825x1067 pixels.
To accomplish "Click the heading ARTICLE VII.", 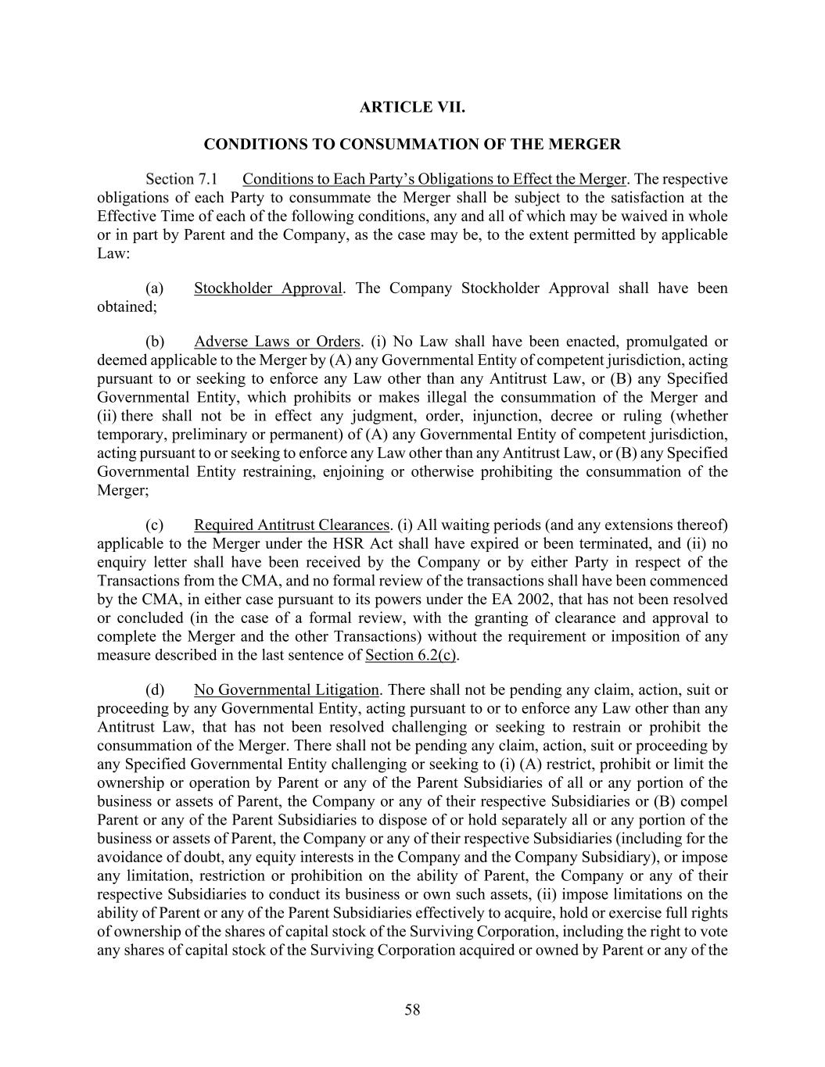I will pos(412,107).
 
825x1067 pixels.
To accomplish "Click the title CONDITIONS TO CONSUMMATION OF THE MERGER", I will pos(412,145).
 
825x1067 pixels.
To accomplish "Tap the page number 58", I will pos(412,1010).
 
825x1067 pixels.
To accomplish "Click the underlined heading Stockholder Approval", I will pos(267,288).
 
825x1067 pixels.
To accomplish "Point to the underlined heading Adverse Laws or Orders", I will pos(278,342).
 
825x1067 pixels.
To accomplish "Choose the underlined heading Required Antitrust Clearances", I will pos(291,525).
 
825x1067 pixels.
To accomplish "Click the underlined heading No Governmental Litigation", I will pos(286,690).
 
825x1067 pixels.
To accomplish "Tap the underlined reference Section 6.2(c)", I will pos(411,655).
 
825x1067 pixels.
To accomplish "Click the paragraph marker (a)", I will pos(154,288).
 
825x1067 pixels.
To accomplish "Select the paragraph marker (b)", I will pos(154,342).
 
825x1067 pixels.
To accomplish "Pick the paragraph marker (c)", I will pos(154,525).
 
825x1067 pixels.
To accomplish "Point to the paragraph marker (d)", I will pos(154,690).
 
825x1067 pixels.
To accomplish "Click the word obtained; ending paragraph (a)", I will pos(127,307).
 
